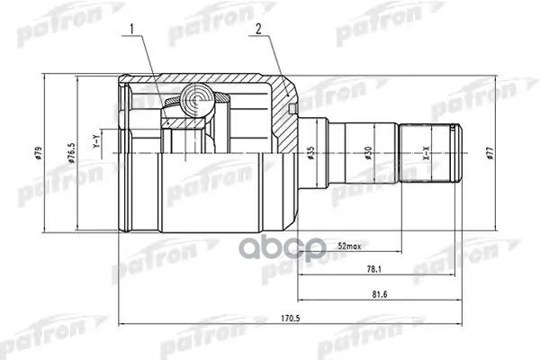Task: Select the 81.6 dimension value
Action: pos(378,293)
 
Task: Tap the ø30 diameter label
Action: pos(369,155)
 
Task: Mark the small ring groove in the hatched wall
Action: pos(293,109)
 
